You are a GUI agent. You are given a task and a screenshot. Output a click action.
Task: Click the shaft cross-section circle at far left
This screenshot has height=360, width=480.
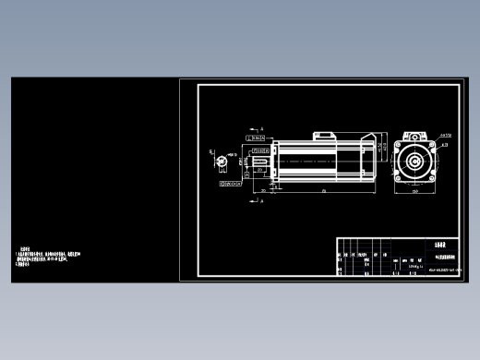click(221, 162)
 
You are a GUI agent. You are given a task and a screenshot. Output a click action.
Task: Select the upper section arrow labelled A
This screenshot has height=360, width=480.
click(256, 129)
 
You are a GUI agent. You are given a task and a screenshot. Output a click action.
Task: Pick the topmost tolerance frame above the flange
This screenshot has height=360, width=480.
click(258, 138)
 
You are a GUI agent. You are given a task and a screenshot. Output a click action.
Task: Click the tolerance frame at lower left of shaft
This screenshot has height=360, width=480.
click(230, 184)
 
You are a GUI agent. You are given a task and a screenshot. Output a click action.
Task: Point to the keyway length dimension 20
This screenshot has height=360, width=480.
click(263, 190)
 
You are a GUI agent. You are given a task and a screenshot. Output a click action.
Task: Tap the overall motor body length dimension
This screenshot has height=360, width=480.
click(323, 192)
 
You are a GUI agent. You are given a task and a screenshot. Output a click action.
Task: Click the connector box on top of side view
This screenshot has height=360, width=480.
click(323, 137)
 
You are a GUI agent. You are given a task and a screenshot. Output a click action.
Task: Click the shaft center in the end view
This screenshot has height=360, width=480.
click(414, 162)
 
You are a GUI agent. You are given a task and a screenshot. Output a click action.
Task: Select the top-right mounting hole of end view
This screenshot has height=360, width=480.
click(428, 147)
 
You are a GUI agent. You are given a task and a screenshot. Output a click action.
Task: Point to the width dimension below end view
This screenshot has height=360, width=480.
click(414, 191)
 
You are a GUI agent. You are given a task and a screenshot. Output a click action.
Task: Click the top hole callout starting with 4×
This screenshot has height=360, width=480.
click(445, 136)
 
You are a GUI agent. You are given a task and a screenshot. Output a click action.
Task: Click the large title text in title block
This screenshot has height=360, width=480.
click(439, 246)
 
